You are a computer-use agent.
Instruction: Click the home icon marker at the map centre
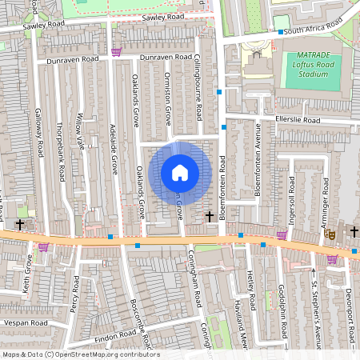pos(180,172)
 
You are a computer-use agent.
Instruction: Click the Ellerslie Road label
pos(297,121)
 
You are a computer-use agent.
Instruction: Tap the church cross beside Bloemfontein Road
pos(210,216)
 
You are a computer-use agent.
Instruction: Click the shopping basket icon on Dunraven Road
pos(117,53)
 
